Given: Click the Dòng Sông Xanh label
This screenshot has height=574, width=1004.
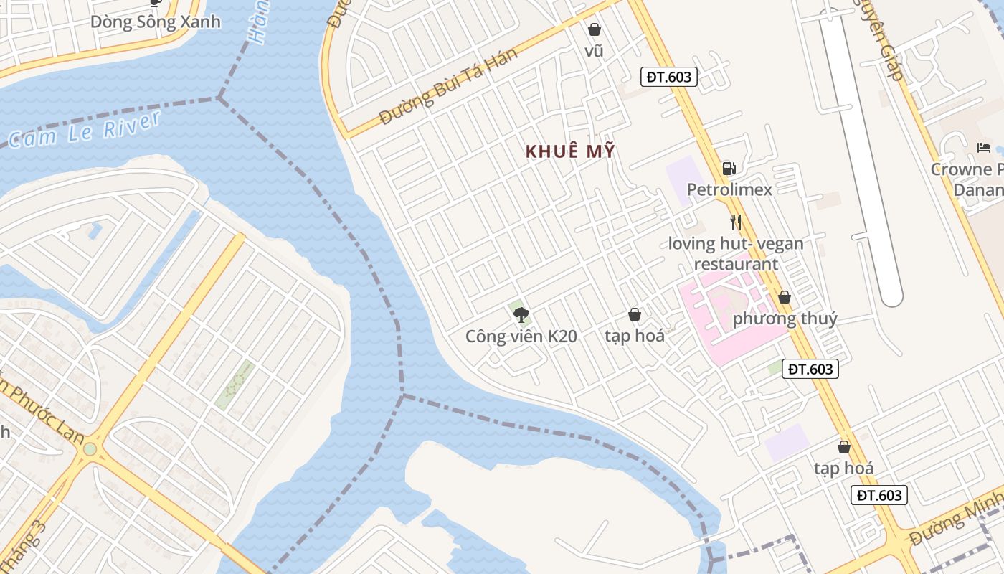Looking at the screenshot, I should click(x=155, y=22).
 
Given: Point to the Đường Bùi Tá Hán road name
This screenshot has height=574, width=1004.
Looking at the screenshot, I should click(x=448, y=87).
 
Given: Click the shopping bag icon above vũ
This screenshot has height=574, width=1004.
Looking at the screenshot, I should click(x=594, y=29).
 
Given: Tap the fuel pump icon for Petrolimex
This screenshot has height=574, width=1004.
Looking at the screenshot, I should click(x=729, y=169).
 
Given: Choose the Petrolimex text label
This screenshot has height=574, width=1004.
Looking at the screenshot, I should click(x=729, y=189).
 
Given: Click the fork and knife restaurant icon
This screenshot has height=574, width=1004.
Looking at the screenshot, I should click(x=735, y=222).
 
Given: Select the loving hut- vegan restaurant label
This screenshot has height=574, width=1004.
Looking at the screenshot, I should click(x=736, y=253).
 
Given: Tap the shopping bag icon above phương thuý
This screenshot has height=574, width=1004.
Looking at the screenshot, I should click(x=785, y=297).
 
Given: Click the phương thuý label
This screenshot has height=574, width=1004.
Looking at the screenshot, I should click(x=785, y=319).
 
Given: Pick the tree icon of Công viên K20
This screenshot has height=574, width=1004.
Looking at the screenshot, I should click(x=521, y=314).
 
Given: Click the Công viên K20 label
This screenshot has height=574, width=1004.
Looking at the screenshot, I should click(x=521, y=336).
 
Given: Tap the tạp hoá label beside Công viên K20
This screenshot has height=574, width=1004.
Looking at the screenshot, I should click(x=634, y=335).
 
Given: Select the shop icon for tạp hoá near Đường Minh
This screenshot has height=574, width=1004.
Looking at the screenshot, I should click(x=844, y=447).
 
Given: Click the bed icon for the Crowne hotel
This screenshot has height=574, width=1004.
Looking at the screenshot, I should click(x=984, y=148).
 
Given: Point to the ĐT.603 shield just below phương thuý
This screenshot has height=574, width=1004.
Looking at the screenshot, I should click(x=810, y=369).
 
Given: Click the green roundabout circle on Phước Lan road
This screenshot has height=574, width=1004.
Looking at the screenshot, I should click(x=90, y=449).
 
